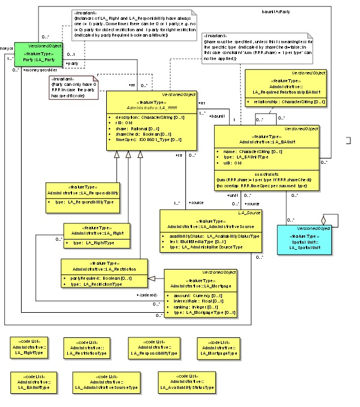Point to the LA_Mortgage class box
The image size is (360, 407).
(x=200, y=294)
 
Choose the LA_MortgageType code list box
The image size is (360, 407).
(x=218, y=349)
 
